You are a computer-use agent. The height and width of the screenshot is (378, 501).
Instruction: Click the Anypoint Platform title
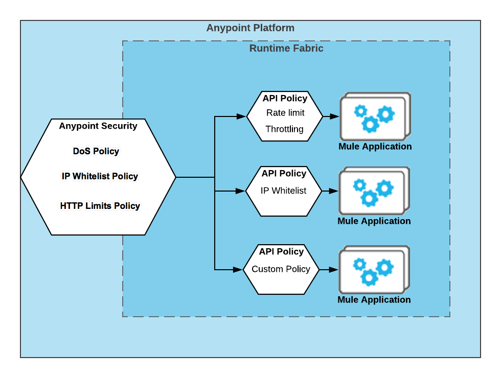coord(250,28)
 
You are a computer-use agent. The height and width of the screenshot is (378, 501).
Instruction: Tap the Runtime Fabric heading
coord(286,49)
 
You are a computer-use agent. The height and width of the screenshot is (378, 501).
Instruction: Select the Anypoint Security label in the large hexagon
coord(98,126)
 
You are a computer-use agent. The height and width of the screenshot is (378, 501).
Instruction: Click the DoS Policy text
coord(96,151)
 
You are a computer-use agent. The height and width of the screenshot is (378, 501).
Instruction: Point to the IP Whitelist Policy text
coord(100,176)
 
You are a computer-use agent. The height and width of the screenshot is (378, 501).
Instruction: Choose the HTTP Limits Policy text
coord(100,206)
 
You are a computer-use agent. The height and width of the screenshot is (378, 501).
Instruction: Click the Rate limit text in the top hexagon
coord(285,113)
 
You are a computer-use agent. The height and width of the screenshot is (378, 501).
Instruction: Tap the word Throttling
coord(284,129)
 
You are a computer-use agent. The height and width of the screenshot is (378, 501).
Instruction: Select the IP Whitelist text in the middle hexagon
coord(283,191)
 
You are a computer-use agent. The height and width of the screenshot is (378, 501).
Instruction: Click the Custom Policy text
coord(281,269)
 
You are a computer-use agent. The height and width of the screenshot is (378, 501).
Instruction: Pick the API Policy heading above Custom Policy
coord(281,252)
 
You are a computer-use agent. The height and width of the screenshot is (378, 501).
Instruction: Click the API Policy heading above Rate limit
coord(285,98)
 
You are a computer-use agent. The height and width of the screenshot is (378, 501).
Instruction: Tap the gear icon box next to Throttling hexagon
coord(375,116)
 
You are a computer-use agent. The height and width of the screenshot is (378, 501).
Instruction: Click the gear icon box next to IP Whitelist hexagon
coord(374,191)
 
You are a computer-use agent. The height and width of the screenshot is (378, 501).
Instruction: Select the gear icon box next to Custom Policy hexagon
coord(374,270)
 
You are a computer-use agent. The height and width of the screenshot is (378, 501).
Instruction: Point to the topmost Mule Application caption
coord(375,147)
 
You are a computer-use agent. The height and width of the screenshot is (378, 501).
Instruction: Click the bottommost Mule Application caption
coord(374,300)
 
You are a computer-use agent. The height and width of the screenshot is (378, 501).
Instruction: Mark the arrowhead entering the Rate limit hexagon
coord(242,116)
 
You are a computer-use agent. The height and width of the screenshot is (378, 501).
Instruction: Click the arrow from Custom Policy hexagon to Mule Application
coord(328,269)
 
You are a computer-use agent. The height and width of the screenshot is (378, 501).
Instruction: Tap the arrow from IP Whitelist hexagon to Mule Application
coord(330,191)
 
